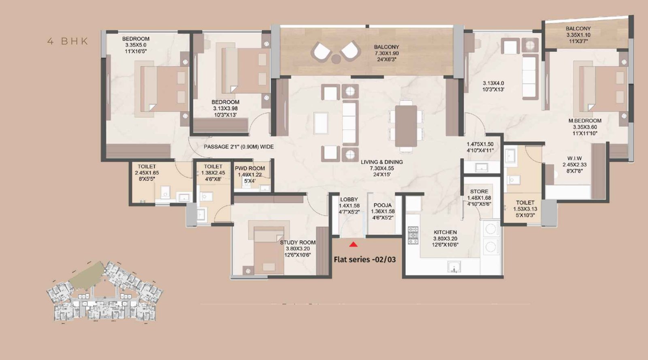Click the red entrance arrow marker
click(x=354, y=244)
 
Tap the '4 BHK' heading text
click(x=68, y=41)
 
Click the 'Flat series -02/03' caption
click(x=364, y=259)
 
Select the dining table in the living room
click(x=406, y=126)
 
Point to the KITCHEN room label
click(x=445, y=232)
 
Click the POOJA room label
click(x=382, y=205)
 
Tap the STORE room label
click(x=479, y=192)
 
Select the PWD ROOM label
click(x=250, y=168)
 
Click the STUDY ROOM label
click(x=298, y=243)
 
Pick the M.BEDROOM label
click(x=584, y=121)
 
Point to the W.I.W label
click(x=574, y=158)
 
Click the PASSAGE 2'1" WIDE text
click(x=239, y=147)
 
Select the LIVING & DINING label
click(x=382, y=162)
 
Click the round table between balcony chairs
click(x=336, y=59)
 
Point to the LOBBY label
click(x=349, y=200)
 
